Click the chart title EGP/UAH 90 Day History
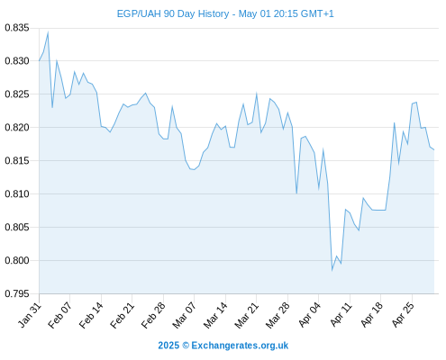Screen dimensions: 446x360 coord(173,13)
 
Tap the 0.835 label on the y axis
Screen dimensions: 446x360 coord(17,28)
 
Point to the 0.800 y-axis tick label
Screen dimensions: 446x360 coord(17,260)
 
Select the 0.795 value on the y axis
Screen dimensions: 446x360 coord(17,293)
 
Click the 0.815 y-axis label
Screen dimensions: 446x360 coord(17,161)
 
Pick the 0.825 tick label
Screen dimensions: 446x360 coord(17,94)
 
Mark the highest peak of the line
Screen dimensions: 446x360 coord(48,31)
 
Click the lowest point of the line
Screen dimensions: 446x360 coord(332,270)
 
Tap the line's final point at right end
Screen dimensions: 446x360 coord(434,149)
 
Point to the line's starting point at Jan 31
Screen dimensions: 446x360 coord(39,61)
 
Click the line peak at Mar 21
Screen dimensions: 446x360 coord(257,93)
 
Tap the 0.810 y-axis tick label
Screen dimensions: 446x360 coord(17,194)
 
